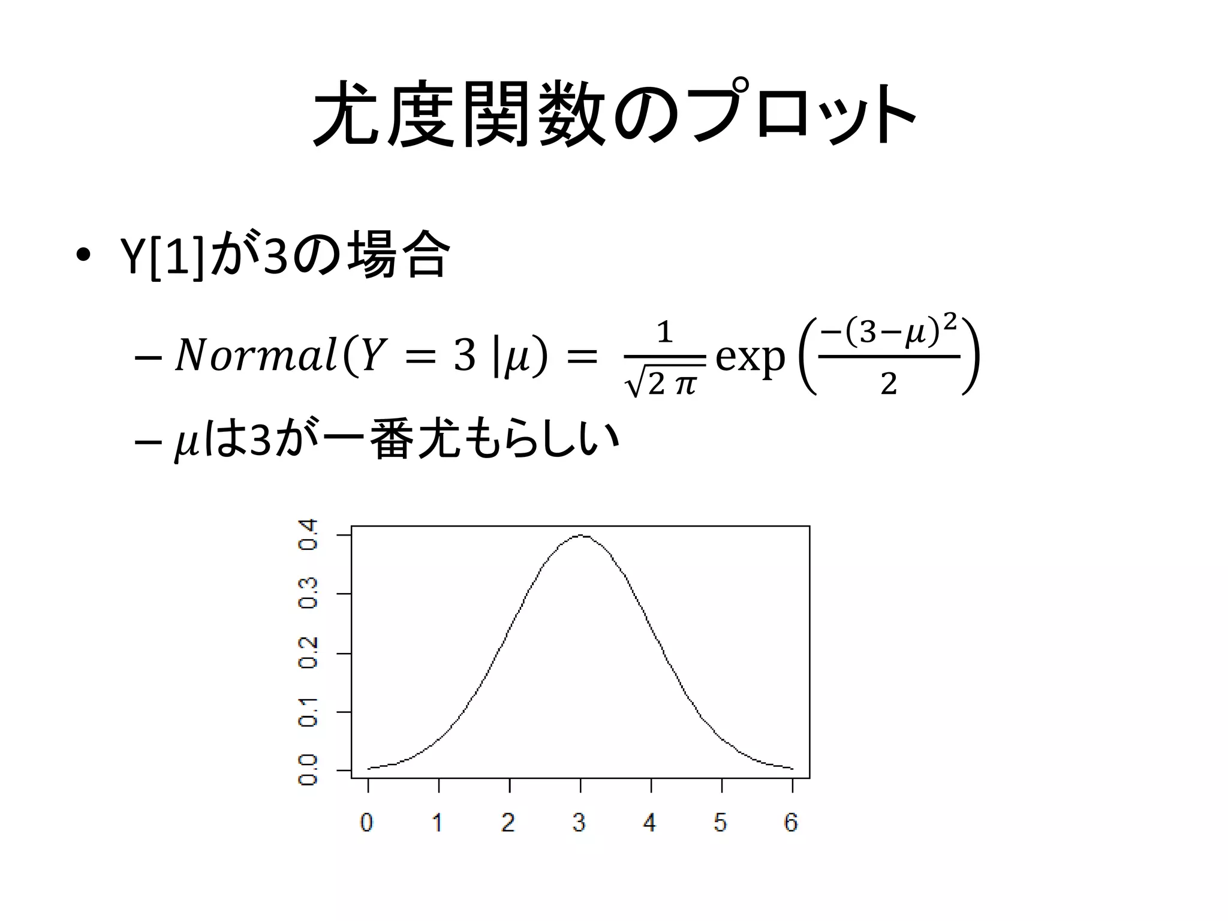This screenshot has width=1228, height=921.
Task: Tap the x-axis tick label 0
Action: coord(367,822)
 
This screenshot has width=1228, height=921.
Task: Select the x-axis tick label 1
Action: coord(438,822)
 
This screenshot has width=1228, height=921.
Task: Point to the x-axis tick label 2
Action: coord(508,822)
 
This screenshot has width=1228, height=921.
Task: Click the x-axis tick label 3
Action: coord(579,822)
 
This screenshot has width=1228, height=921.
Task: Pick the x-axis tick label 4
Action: coord(650,822)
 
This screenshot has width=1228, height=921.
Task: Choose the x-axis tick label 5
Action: coord(721,822)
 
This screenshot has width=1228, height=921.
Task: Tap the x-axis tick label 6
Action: coord(791,822)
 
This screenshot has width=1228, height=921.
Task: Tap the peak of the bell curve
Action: coord(580,535)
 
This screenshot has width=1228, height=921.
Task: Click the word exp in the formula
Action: coord(750,358)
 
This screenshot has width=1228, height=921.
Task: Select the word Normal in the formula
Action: coord(255,357)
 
